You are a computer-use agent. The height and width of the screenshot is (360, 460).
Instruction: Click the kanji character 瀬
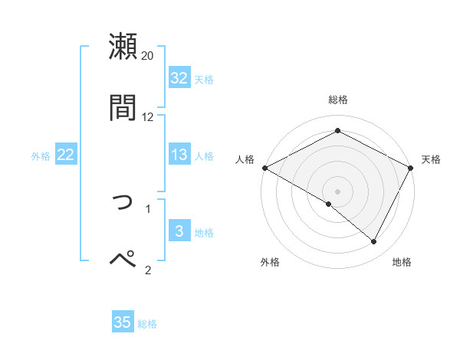point(123,46)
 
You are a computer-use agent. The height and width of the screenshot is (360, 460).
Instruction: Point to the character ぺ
point(123,259)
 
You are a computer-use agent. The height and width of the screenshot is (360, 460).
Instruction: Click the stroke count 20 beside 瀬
point(148,55)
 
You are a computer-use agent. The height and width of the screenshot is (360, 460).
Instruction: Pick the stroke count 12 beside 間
point(148,116)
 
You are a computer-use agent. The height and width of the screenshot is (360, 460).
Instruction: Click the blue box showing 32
point(179,78)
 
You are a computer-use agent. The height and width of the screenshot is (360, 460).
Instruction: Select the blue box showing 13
point(179,155)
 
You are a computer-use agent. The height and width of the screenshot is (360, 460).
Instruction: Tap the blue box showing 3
point(179,231)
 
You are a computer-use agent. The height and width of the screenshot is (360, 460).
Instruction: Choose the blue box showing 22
point(66,155)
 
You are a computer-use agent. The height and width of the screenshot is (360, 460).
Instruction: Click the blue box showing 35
point(123,322)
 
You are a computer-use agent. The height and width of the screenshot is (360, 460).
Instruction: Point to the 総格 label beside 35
point(147,324)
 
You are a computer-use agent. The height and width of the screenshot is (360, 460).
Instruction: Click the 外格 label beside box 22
point(41,155)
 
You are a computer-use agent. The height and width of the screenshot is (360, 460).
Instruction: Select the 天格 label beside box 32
point(203,79)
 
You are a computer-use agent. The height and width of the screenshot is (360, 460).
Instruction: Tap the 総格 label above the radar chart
point(338,100)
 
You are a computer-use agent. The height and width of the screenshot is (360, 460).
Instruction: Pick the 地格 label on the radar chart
point(402,262)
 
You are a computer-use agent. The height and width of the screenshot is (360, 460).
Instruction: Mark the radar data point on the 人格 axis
point(264,168)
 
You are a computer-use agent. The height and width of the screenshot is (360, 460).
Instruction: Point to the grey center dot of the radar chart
point(338,191)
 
